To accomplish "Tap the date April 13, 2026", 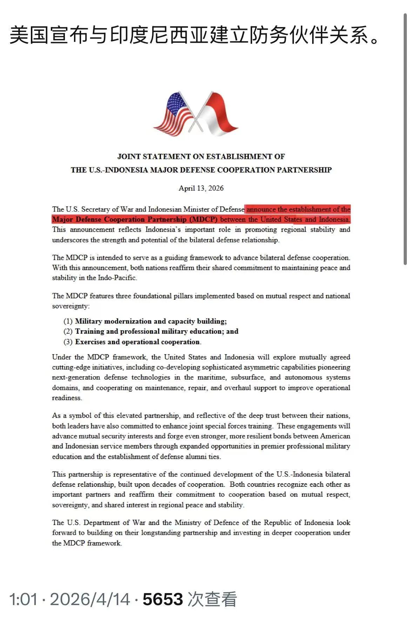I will pos(201,188).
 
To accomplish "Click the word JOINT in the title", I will pos(129,157).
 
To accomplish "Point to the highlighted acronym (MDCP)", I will pos(203,220).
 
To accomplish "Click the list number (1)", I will pos(68,321).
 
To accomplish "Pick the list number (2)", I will pos(68,331).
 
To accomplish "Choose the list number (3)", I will pos(68,342).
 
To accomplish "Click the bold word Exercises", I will pos(90,342).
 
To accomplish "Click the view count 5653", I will pos(163,599).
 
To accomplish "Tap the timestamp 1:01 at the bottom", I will pos(23,599).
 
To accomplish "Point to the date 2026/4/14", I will pos(90,599).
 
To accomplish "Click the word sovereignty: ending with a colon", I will pos(71,306).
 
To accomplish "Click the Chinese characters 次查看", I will pos(212,599).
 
